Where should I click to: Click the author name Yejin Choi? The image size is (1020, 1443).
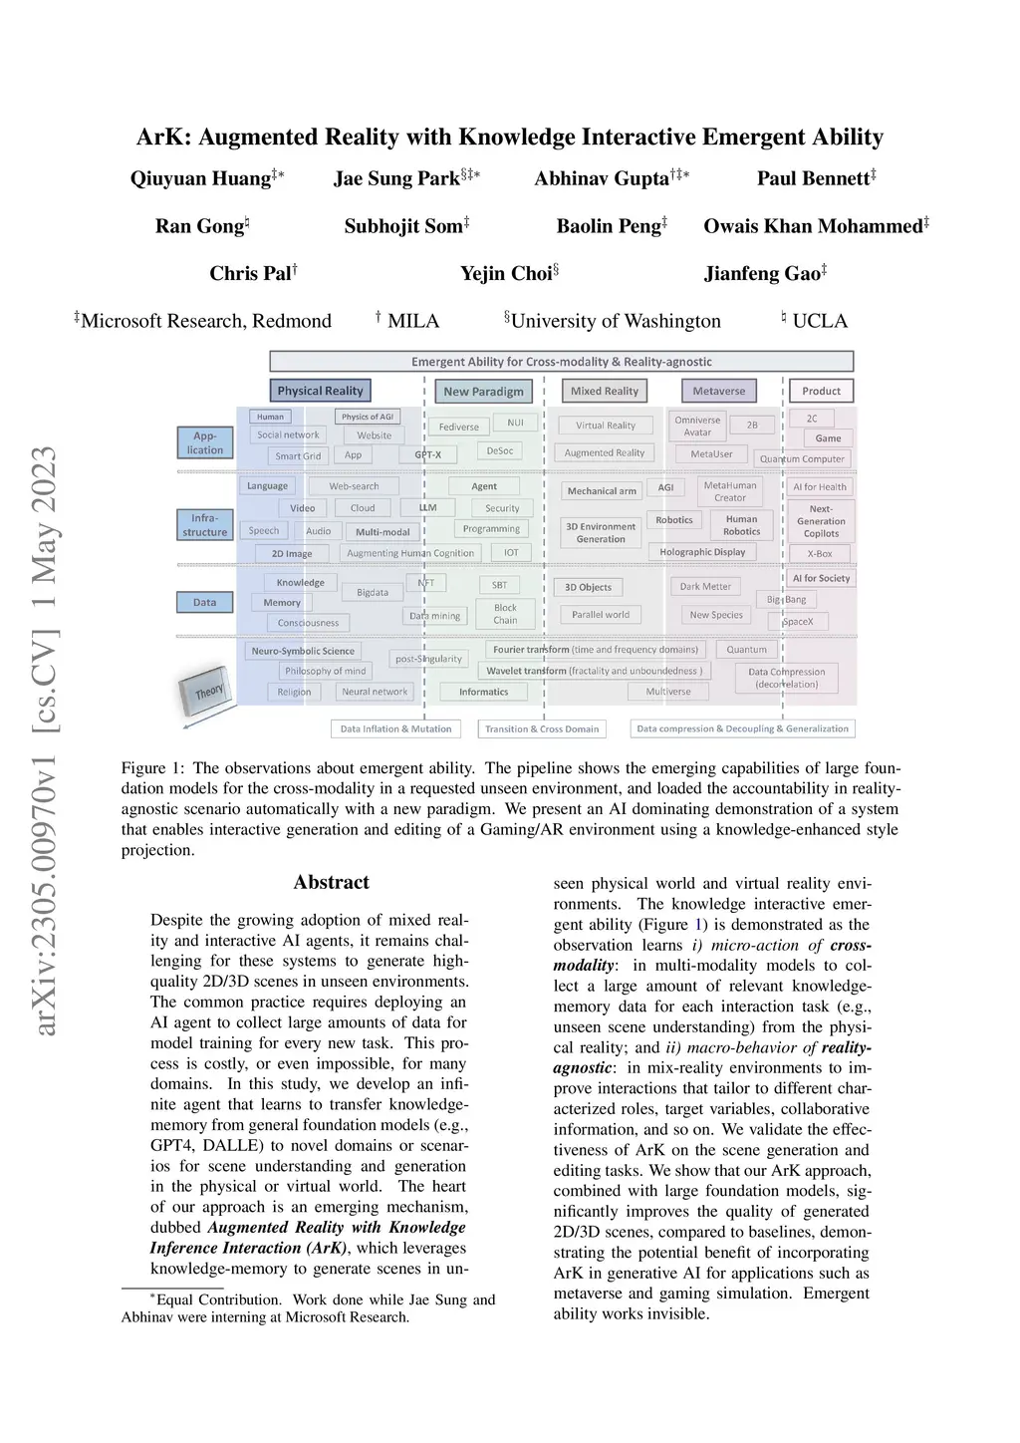(x=506, y=273)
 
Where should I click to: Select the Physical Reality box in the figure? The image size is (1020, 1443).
(x=320, y=391)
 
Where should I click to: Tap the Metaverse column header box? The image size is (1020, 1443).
(x=718, y=391)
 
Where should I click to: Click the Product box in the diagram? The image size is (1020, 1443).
(x=821, y=391)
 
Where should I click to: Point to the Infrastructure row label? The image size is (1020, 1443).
(x=205, y=525)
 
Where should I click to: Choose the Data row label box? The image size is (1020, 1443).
(x=205, y=602)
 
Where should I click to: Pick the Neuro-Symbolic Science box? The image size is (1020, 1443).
(x=303, y=651)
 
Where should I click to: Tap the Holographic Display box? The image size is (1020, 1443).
(x=702, y=552)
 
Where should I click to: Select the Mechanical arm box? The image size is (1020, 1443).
(x=601, y=490)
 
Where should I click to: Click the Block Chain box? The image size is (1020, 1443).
(x=505, y=614)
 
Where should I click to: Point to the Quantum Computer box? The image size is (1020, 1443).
(x=802, y=458)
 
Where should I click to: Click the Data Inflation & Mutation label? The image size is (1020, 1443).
(x=395, y=728)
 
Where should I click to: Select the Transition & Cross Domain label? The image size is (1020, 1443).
(x=542, y=728)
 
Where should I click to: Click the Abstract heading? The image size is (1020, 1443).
(x=331, y=882)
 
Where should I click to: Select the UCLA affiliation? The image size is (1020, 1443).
(x=819, y=321)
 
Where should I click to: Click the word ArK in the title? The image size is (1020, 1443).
(x=159, y=138)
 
